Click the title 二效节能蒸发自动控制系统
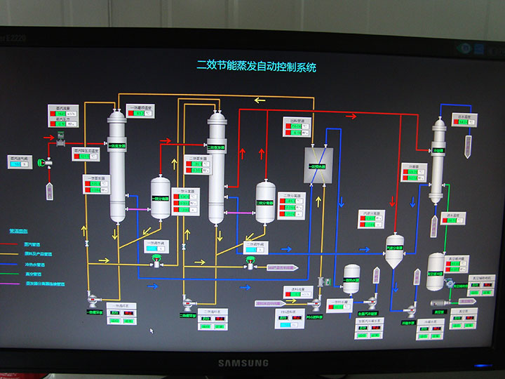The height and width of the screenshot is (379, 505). coord(256,67)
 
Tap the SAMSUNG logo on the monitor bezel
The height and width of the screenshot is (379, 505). coord(242,363)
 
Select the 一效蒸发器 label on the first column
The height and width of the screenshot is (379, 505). coord(117,146)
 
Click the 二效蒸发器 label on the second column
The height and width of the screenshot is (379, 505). coord(216,147)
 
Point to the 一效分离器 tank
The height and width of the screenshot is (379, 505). coord(161,199)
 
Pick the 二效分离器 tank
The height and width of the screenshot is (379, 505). coord(264,203)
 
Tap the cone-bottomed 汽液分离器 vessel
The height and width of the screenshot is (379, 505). coord(395,249)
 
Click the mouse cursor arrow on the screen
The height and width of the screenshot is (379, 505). coord(151,330)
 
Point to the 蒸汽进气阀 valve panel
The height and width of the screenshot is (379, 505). coord(20,162)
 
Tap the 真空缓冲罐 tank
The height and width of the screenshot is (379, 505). coord(436,268)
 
